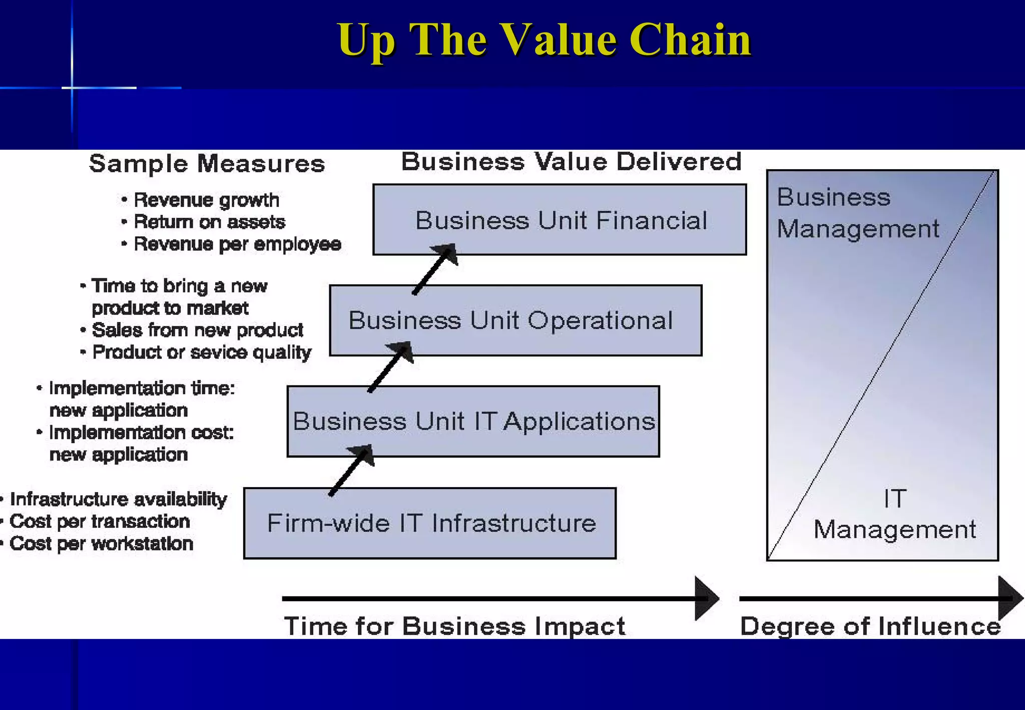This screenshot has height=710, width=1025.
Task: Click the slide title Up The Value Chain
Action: point(544,40)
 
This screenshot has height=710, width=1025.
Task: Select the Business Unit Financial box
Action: point(560,220)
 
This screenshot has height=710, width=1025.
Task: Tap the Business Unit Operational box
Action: point(516,320)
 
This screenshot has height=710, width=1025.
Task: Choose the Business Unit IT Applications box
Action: point(473,421)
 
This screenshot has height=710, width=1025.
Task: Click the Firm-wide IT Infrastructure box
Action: point(430,523)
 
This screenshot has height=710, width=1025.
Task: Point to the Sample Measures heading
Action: point(207,164)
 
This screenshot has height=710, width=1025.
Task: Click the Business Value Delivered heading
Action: point(571,162)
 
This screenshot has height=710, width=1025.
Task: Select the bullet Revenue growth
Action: point(206,200)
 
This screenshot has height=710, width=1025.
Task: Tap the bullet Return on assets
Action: point(209,222)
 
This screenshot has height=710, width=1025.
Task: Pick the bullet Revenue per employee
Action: point(237,244)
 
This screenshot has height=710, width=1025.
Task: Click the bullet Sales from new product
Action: point(197,330)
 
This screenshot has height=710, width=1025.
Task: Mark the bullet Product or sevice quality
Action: point(202,352)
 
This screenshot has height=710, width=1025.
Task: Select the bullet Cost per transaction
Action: point(100,522)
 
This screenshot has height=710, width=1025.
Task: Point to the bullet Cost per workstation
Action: point(101,544)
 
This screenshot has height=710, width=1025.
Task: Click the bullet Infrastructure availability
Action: point(118,499)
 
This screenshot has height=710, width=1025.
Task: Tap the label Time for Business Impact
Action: point(454,626)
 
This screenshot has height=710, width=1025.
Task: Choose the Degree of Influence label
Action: point(870,626)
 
